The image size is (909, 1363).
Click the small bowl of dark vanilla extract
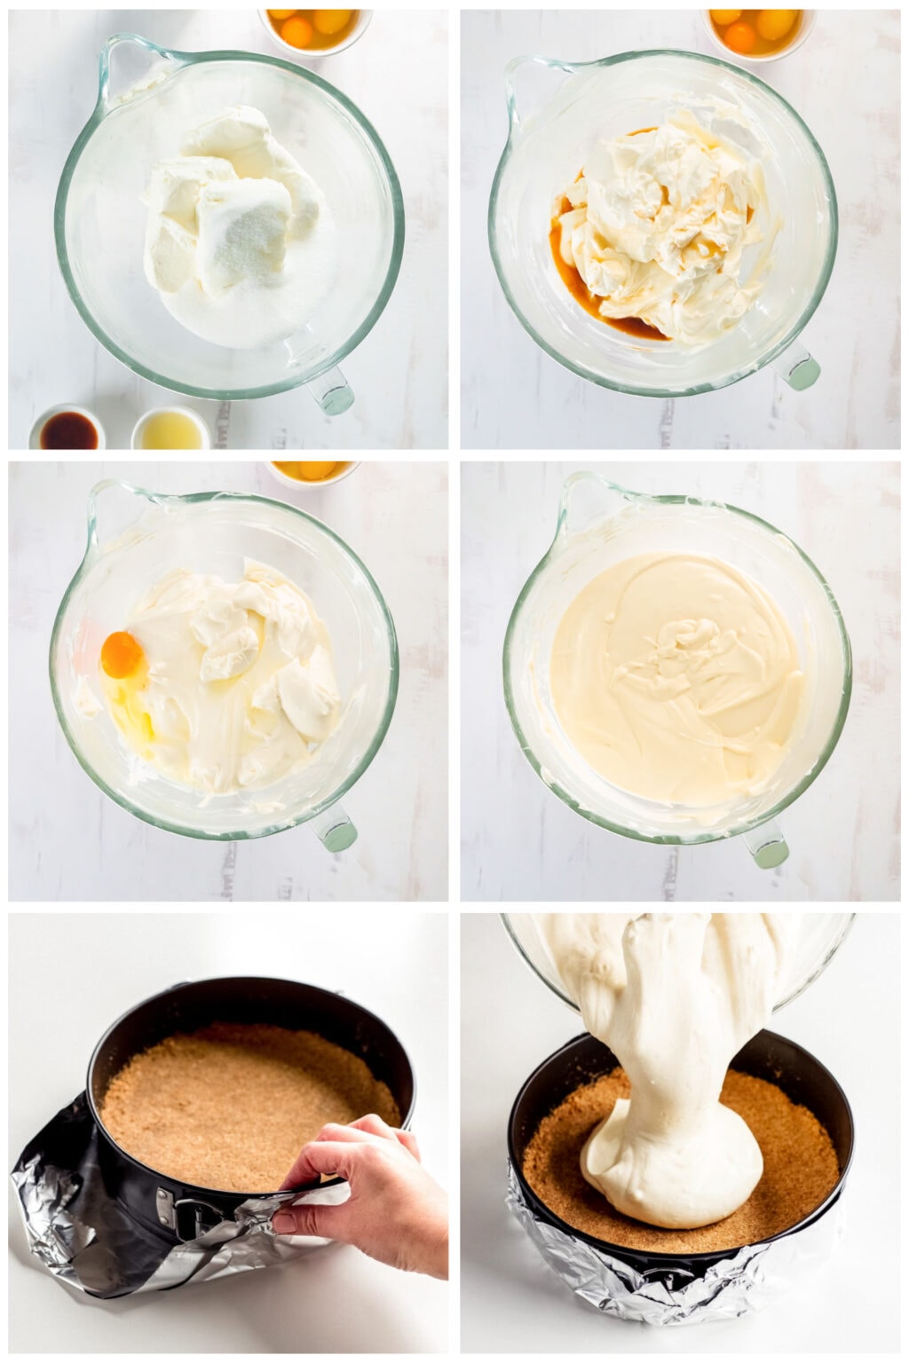pyautogui.click(x=67, y=430)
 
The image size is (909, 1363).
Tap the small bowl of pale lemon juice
pyautogui.click(x=171, y=430)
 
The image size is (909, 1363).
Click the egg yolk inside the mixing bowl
pyautogui.click(x=123, y=655)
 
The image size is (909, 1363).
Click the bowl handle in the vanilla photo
pyautogui.click(x=799, y=368)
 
